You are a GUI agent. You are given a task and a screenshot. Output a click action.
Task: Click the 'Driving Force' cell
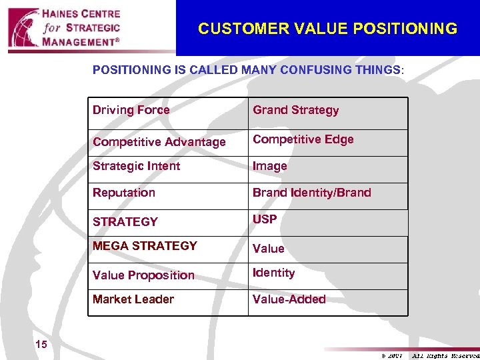point(131,110)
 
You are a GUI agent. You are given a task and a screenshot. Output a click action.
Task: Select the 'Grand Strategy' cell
point(295,110)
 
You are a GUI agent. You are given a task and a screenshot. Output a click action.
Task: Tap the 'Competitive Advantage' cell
point(159,142)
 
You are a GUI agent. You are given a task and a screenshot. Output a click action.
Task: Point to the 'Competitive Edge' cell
point(303,139)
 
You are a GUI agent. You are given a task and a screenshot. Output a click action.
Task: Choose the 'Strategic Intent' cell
point(137,166)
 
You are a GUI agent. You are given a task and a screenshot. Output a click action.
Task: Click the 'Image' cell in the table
point(270,166)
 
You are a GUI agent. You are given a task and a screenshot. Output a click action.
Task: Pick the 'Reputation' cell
point(124,193)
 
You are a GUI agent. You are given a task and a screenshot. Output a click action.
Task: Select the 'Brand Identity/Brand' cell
point(311,193)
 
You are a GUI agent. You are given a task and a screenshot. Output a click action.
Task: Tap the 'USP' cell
point(265,219)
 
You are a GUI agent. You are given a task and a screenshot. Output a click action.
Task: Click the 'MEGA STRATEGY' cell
point(145,246)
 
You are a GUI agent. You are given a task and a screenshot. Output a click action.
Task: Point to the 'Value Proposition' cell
point(143,275)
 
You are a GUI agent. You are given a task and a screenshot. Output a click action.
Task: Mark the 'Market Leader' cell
point(133,299)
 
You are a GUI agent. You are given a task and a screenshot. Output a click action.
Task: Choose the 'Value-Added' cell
point(289,299)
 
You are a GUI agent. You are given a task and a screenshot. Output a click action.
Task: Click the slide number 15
point(41,345)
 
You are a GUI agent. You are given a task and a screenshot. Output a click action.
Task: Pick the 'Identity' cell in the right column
point(273,273)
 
